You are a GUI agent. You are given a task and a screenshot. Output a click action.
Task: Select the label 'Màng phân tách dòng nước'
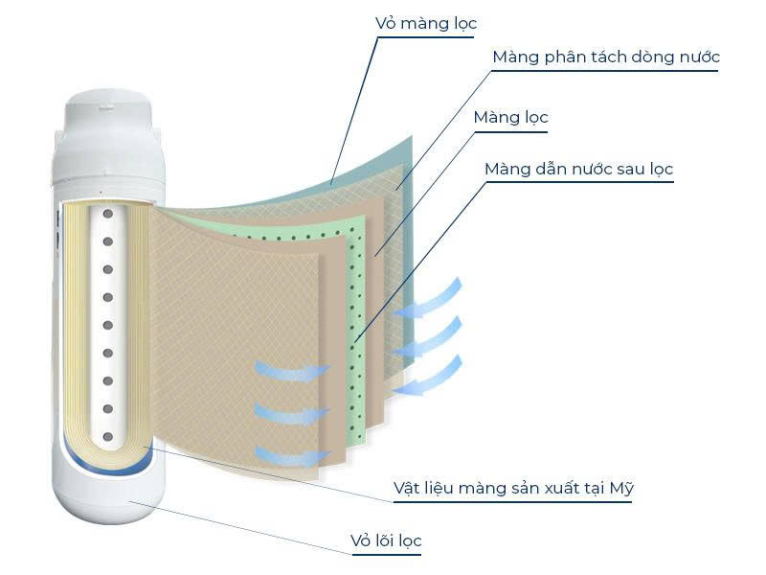[606, 57]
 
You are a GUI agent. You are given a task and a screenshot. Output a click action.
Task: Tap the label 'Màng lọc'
[511, 117]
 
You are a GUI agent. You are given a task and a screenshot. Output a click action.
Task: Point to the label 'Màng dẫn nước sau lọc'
[579, 170]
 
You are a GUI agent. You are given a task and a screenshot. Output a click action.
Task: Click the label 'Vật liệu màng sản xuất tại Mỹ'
[513, 488]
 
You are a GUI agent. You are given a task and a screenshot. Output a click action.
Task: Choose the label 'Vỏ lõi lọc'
[386, 540]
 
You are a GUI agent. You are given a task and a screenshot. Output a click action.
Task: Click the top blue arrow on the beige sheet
[293, 370]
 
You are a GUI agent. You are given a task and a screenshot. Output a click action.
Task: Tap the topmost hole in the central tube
[108, 214]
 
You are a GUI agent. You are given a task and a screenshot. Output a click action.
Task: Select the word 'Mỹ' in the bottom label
[622, 488]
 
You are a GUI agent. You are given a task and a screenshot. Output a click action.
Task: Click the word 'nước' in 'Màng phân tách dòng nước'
[699, 57]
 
